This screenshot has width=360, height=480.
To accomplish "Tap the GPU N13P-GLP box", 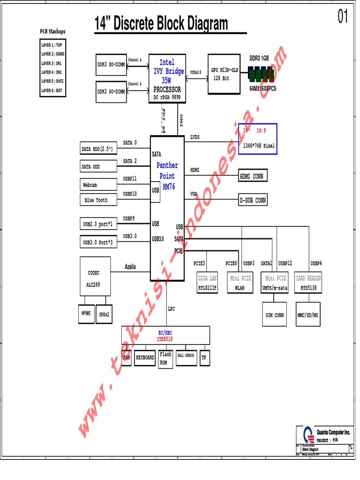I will point(225,74).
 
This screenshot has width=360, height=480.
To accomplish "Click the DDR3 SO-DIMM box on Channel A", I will point(111,65).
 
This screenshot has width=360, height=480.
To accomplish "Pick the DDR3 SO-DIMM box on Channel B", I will point(111,91).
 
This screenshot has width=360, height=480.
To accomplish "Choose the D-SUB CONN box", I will point(253,200).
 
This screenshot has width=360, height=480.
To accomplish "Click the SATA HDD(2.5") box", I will point(98,150).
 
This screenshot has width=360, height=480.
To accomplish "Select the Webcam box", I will point(98,185).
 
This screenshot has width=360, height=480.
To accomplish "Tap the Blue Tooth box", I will point(98,200).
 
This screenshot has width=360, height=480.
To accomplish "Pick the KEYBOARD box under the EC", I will point(145,357).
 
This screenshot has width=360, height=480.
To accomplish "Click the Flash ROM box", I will point(165,359).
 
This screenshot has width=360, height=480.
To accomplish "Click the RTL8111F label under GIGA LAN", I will point(207,288).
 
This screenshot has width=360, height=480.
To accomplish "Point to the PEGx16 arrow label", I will point(195,72).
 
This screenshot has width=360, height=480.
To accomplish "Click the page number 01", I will point(343,17).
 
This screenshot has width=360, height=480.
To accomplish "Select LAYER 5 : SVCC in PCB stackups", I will point(52,82).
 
